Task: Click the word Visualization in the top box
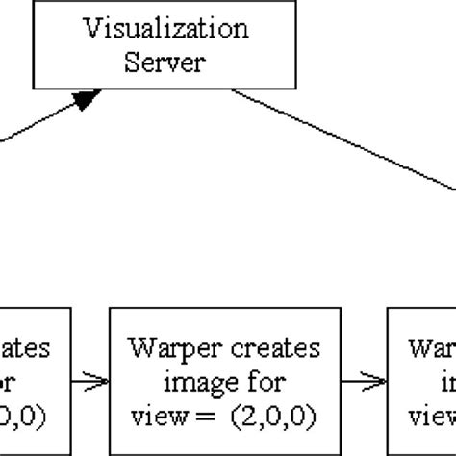167,28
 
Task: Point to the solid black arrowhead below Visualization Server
88,98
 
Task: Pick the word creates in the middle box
254,345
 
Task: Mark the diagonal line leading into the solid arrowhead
38,122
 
